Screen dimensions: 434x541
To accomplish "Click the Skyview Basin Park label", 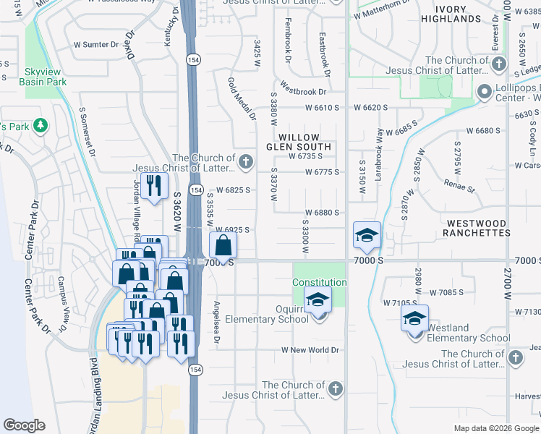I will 46,77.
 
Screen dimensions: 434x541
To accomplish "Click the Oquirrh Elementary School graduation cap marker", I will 317,299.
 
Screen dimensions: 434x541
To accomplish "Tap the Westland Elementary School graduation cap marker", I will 414,318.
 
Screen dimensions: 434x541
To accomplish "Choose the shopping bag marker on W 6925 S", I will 223,244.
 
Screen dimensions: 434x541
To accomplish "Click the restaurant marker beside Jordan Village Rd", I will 153,186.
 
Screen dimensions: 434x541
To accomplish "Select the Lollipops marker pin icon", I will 485,91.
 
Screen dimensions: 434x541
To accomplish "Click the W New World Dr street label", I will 310,350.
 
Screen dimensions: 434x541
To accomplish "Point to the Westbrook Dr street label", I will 302,92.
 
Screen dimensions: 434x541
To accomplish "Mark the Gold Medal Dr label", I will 242,98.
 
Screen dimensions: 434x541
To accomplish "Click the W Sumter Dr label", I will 95,45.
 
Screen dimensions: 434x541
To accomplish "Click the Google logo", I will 24,425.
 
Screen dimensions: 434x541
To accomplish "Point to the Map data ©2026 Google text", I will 495,428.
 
